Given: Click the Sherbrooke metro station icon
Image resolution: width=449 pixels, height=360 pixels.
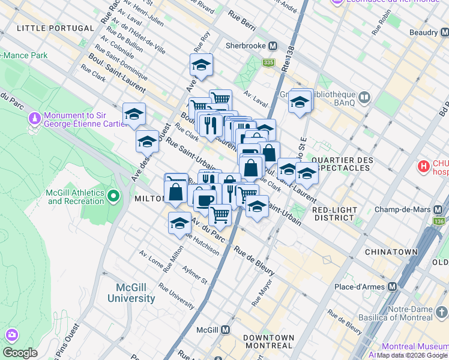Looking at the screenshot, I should (x=273, y=46).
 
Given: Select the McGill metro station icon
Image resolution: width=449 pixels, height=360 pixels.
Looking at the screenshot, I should (x=225, y=329).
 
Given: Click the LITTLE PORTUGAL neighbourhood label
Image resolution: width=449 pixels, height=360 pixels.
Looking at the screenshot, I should (x=55, y=28).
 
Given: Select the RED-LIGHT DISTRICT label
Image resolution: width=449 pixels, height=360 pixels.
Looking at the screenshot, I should (x=334, y=214).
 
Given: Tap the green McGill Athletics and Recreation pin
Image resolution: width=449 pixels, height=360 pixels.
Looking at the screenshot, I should (x=112, y=196).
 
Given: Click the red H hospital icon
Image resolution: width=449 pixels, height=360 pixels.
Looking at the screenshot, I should (x=424, y=166).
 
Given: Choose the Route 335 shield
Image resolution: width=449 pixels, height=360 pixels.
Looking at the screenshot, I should (x=268, y=62).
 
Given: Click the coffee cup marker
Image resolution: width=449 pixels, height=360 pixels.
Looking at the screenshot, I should (x=205, y=200).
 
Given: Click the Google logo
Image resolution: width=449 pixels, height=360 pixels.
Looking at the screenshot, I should (x=20, y=353).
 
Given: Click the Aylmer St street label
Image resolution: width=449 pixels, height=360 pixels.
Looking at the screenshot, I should (x=195, y=277).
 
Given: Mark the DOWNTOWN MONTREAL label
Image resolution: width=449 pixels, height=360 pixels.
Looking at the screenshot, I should (x=268, y=342).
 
